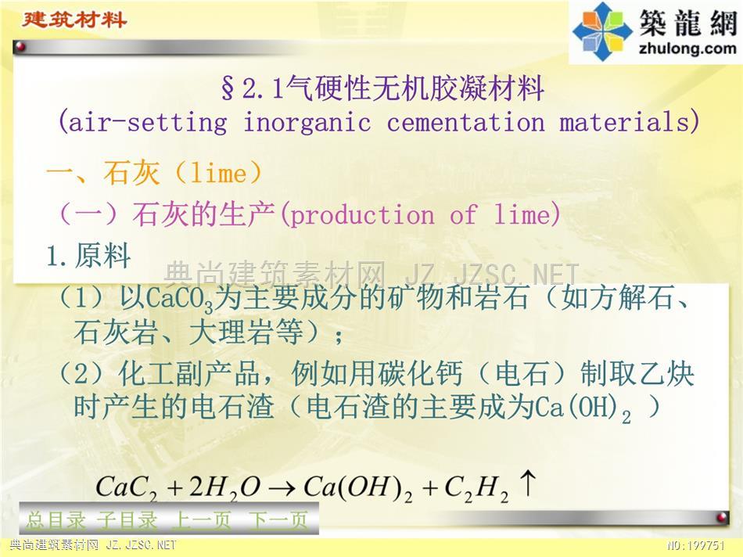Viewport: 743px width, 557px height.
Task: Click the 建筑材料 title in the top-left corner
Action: tap(74, 20)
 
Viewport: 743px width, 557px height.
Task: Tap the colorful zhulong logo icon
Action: tap(602, 31)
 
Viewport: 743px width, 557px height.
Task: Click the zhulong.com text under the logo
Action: tap(687, 49)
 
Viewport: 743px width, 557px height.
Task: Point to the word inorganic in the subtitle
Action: tap(307, 123)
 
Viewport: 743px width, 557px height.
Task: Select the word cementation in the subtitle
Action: tap(466, 123)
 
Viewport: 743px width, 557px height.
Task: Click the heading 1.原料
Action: tap(88, 256)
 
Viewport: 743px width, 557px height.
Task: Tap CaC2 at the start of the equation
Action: tap(126, 487)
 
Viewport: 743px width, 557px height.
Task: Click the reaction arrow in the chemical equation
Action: tap(282, 488)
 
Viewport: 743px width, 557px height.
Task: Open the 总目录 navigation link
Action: tap(56, 520)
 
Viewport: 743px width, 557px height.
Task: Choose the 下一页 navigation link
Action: tap(278, 520)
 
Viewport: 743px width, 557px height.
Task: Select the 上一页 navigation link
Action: tap(201, 520)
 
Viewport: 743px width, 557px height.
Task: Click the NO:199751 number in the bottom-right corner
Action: tap(696, 545)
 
